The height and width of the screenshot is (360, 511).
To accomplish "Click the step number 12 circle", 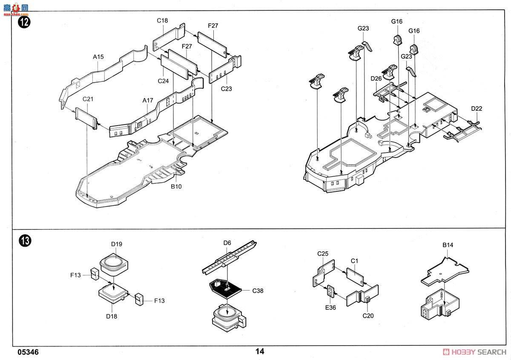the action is (x=24, y=22).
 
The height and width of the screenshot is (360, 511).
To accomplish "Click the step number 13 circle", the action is (x=25, y=241).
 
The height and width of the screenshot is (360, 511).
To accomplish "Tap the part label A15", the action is (x=98, y=57).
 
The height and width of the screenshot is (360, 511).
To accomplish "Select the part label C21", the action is (x=88, y=99).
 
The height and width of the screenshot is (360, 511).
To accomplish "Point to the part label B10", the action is (x=176, y=187).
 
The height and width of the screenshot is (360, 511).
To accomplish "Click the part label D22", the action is (x=477, y=109).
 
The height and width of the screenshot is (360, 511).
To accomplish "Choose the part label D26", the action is (x=376, y=78).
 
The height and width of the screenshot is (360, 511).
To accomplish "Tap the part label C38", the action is (x=258, y=291).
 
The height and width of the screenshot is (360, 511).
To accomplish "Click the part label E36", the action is (x=330, y=308).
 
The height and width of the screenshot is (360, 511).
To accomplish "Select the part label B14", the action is (x=448, y=245).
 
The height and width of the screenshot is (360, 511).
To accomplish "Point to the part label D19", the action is (x=117, y=244).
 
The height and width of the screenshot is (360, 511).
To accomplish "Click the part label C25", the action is (x=323, y=253).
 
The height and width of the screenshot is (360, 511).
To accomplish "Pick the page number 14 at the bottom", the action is (x=260, y=351).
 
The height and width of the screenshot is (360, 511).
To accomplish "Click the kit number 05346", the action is (x=28, y=352).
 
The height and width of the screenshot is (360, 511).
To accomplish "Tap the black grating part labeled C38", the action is (x=225, y=289).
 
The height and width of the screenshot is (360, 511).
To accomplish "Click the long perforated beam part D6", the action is (x=229, y=257).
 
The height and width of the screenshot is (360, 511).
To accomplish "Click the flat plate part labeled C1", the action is (x=355, y=277).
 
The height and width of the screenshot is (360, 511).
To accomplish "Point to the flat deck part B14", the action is (x=445, y=271).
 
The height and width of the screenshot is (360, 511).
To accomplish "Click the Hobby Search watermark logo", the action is (x=474, y=352).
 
